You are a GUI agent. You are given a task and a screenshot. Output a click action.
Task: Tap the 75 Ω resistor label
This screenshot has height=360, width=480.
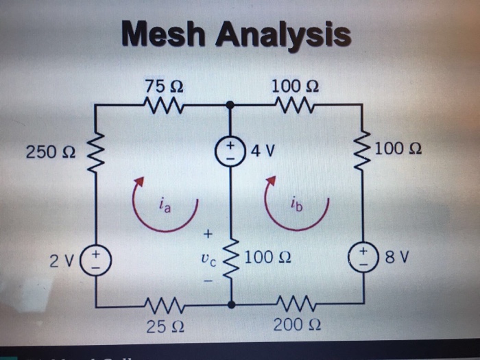click(163, 87)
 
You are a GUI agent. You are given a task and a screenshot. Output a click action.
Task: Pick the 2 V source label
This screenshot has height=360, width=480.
click(60, 261)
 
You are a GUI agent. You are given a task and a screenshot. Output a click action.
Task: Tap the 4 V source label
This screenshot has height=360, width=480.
click(263, 149)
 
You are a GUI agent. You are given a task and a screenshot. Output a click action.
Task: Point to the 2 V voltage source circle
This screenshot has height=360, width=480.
click(94, 261)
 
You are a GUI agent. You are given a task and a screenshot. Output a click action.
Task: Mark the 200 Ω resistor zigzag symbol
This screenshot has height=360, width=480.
click(294, 303)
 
